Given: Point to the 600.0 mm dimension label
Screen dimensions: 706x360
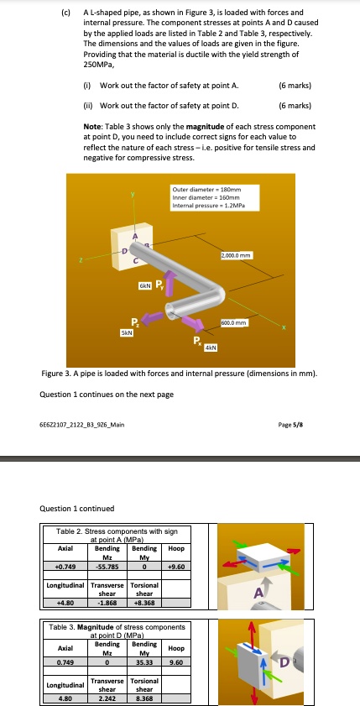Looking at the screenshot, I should click(232, 322).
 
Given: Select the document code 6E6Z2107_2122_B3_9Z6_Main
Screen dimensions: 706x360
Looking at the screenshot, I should click(82, 425).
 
